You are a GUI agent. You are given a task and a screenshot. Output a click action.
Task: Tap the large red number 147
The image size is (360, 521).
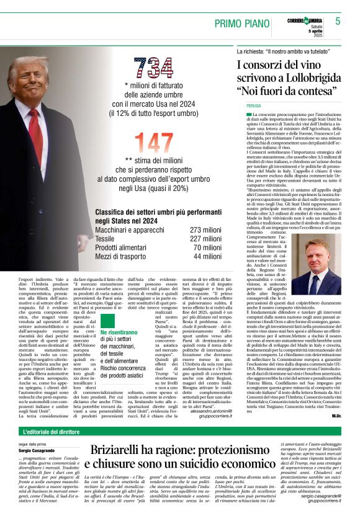click(153, 144)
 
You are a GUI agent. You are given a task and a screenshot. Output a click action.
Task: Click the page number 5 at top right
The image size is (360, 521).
click(338, 21)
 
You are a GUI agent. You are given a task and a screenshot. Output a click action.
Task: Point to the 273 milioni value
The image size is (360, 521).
click(205, 229)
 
